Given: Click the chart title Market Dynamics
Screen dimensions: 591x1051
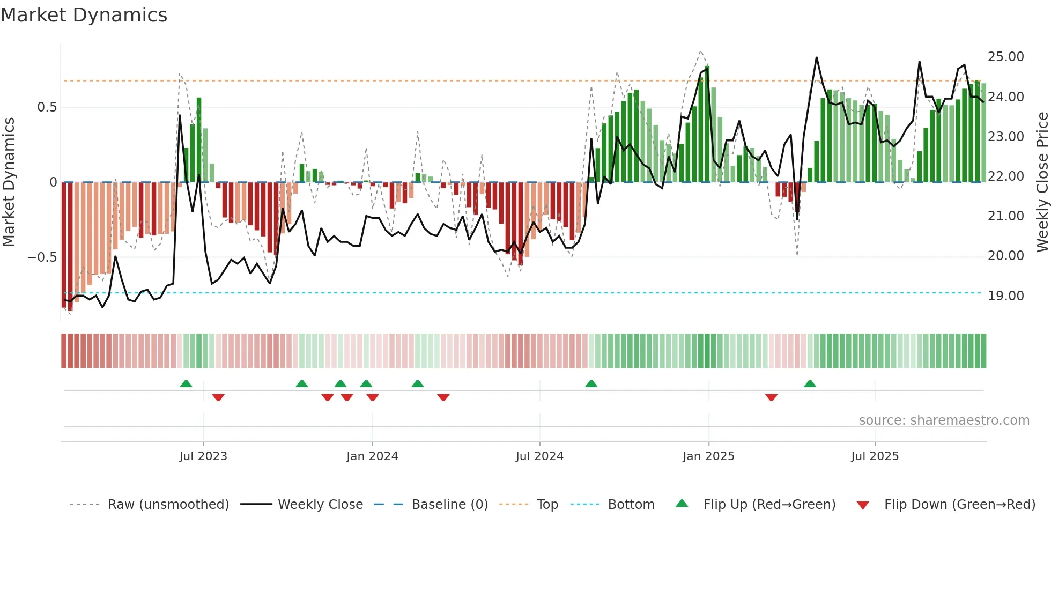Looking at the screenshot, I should click(84, 15).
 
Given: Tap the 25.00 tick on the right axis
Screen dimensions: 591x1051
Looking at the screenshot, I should click(1005, 57).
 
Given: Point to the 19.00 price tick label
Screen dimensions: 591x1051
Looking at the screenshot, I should click(1005, 296).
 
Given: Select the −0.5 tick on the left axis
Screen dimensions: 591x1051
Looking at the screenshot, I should click(42, 257).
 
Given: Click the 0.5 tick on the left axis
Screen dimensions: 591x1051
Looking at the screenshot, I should click(47, 107).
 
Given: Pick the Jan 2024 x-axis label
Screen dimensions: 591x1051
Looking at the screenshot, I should click(372, 456).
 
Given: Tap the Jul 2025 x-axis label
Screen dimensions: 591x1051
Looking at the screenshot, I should click(875, 456).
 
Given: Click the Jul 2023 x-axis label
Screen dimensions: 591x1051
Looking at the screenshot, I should click(203, 456).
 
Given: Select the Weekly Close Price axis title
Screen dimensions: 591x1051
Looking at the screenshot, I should click(1042, 182).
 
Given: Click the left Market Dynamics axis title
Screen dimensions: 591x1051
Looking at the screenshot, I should click(9, 182).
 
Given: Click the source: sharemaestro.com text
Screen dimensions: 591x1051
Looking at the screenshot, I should click(944, 420).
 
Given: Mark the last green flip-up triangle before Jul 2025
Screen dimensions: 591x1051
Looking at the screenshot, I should click(810, 384).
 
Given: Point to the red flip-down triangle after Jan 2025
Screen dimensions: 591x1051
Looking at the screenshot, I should click(771, 397).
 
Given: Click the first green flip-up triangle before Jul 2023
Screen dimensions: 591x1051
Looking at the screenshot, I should click(186, 384).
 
